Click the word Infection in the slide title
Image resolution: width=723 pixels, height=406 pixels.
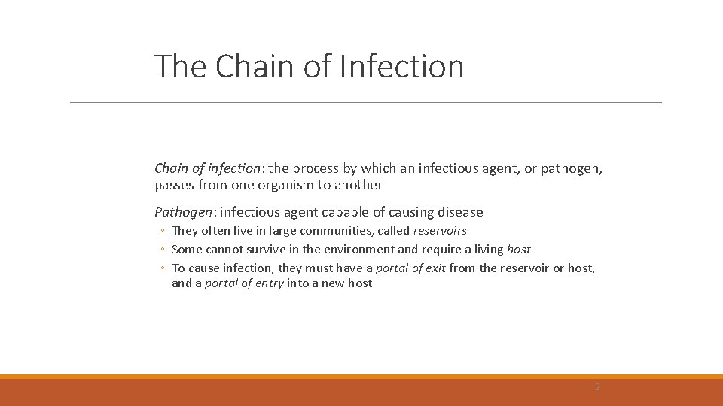click(401, 66)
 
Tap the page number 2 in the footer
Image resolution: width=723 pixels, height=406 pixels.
click(597, 387)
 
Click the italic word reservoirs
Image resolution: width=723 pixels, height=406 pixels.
click(440, 231)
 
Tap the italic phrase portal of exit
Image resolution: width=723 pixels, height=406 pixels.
click(410, 268)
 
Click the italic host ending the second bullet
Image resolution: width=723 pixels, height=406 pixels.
click(518, 249)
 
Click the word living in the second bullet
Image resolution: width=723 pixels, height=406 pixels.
click(488, 249)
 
